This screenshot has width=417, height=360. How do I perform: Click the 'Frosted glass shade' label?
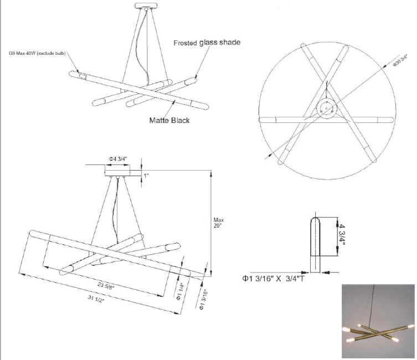click(207, 42)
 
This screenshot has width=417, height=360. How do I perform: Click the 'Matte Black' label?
click(169, 120)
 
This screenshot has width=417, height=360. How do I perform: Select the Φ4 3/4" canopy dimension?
click(118, 159)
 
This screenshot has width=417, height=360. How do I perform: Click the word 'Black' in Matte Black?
click(179, 120)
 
